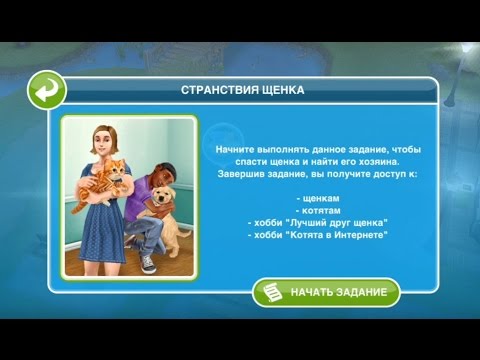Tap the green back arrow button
(46, 91)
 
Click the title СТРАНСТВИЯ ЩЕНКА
(242, 90)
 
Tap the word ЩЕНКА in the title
(282, 90)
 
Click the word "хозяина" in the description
(352, 160)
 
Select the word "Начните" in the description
(235, 148)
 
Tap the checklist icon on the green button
(270, 293)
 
